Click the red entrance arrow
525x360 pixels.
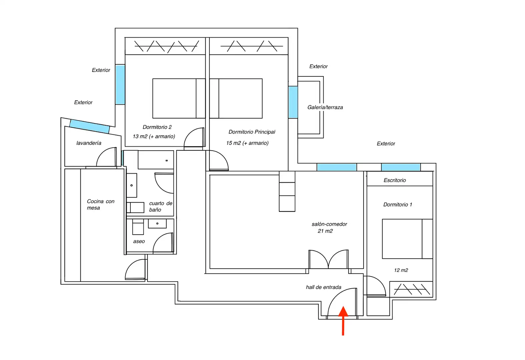(343, 321)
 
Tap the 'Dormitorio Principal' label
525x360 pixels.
(252, 132)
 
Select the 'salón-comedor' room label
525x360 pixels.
(329, 224)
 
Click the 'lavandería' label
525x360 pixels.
(89, 143)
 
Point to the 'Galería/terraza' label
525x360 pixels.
(325, 107)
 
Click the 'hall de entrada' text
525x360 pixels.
(324, 287)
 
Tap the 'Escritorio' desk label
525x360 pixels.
(395, 180)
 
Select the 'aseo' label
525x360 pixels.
(139, 241)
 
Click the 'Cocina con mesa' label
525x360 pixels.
(100, 204)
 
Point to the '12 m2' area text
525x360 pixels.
(401, 270)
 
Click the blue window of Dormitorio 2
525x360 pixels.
(120, 85)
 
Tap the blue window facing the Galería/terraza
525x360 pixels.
(293, 102)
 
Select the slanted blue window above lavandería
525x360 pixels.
(89, 126)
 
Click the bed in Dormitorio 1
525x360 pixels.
(407, 239)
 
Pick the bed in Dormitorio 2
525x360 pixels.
(179, 98)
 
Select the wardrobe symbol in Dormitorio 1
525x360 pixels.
(411, 289)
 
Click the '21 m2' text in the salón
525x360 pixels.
(325, 231)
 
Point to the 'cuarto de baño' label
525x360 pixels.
(161, 207)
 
